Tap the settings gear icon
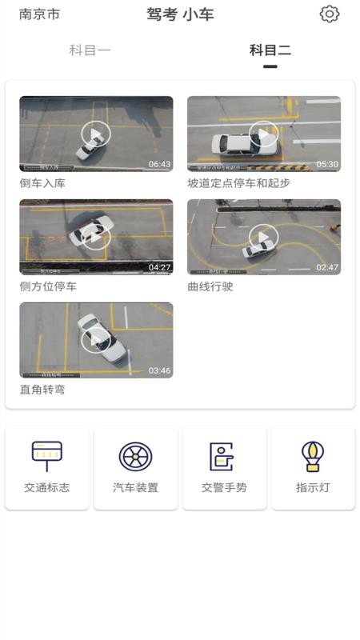(x=330, y=14)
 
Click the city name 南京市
(x=39, y=14)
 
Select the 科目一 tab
(x=90, y=50)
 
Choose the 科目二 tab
(x=270, y=50)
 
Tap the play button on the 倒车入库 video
(x=96, y=134)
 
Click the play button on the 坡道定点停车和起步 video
(x=263, y=134)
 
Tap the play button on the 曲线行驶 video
(x=263, y=237)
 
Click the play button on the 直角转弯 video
(x=96, y=340)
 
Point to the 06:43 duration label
(x=159, y=164)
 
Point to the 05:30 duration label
(x=327, y=164)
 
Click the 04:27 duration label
(x=159, y=267)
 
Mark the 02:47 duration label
(x=327, y=267)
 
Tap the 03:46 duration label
(x=159, y=370)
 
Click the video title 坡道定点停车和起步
(x=238, y=183)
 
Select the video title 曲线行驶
(x=210, y=286)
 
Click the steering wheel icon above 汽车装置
(x=135, y=456)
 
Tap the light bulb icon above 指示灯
(x=313, y=456)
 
